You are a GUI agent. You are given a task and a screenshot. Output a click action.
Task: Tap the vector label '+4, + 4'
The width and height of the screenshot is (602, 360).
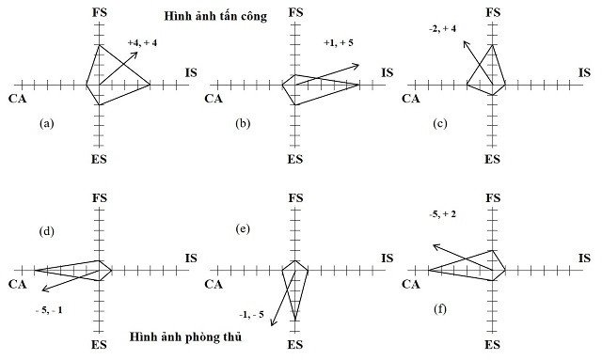(144, 42)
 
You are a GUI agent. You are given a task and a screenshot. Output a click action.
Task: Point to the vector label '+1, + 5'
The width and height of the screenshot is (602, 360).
(341, 42)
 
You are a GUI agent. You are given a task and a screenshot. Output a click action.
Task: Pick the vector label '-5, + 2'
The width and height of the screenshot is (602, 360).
(442, 215)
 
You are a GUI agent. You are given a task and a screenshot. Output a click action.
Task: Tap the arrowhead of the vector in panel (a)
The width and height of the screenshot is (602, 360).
(138, 53)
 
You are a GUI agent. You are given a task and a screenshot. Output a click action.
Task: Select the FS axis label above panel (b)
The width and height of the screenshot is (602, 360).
(295, 11)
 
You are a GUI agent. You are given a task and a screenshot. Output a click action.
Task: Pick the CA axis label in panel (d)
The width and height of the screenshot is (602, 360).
(17, 285)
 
